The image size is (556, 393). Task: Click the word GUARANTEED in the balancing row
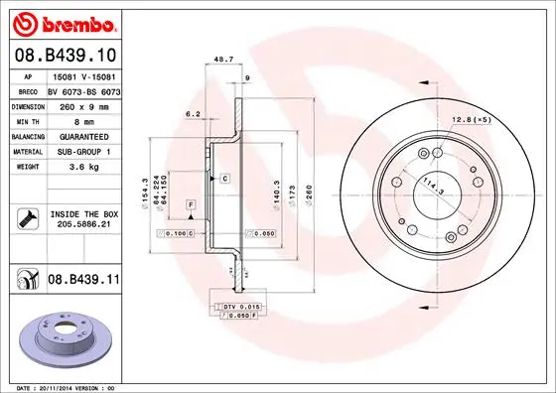click(x=88, y=135)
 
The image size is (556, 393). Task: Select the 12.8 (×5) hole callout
click(x=472, y=119)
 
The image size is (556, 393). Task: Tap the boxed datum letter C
click(x=225, y=178)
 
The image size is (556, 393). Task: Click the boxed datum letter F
click(x=189, y=204)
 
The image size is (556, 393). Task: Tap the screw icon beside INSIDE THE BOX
click(x=27, y=218)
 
